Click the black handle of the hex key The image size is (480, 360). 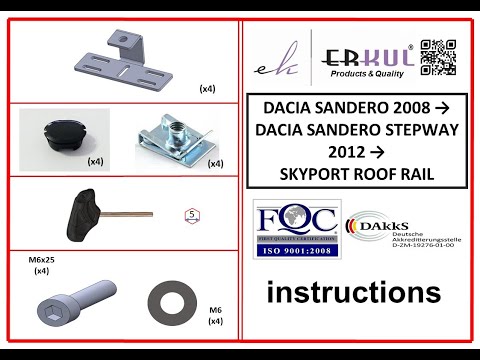coord(83,212)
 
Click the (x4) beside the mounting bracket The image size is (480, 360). coord(207,88)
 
